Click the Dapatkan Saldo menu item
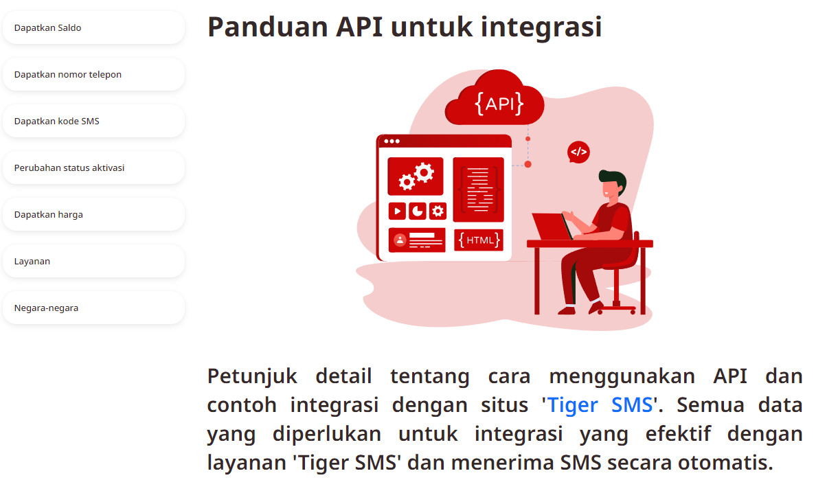coord(93,27)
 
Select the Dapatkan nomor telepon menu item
coord(93,74)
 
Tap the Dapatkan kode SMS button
coord(93,121)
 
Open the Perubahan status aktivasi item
coord(93,168)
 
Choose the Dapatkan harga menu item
coord(93,214)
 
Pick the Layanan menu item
coord(93,261)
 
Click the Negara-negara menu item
coord(93,308)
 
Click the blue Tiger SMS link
coord(600,404)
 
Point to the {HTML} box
coord(479,240)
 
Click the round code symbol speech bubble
coord(578,152)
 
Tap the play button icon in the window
coord(397,211)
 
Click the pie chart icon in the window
coord(418,211)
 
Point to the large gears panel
coord(416,176)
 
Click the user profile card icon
coord(417,240)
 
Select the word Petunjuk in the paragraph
coord(252,376)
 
